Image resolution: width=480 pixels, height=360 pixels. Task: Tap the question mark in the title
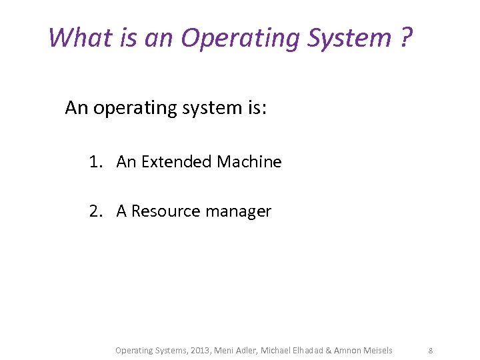pyautogui.click(x=406, y=37)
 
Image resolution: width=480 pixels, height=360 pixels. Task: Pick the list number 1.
pyautogui.click(x=95, y=162)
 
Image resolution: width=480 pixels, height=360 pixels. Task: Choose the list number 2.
pyautogui.click(x=95, y=211)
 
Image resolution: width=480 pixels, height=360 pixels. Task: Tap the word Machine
pyautogui.click(x=249, y=162)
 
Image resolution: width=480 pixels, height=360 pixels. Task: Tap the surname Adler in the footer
pyautogui.click(x=245, y=351)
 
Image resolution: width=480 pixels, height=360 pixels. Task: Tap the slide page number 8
pyautogui.click(x=431, y=351)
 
